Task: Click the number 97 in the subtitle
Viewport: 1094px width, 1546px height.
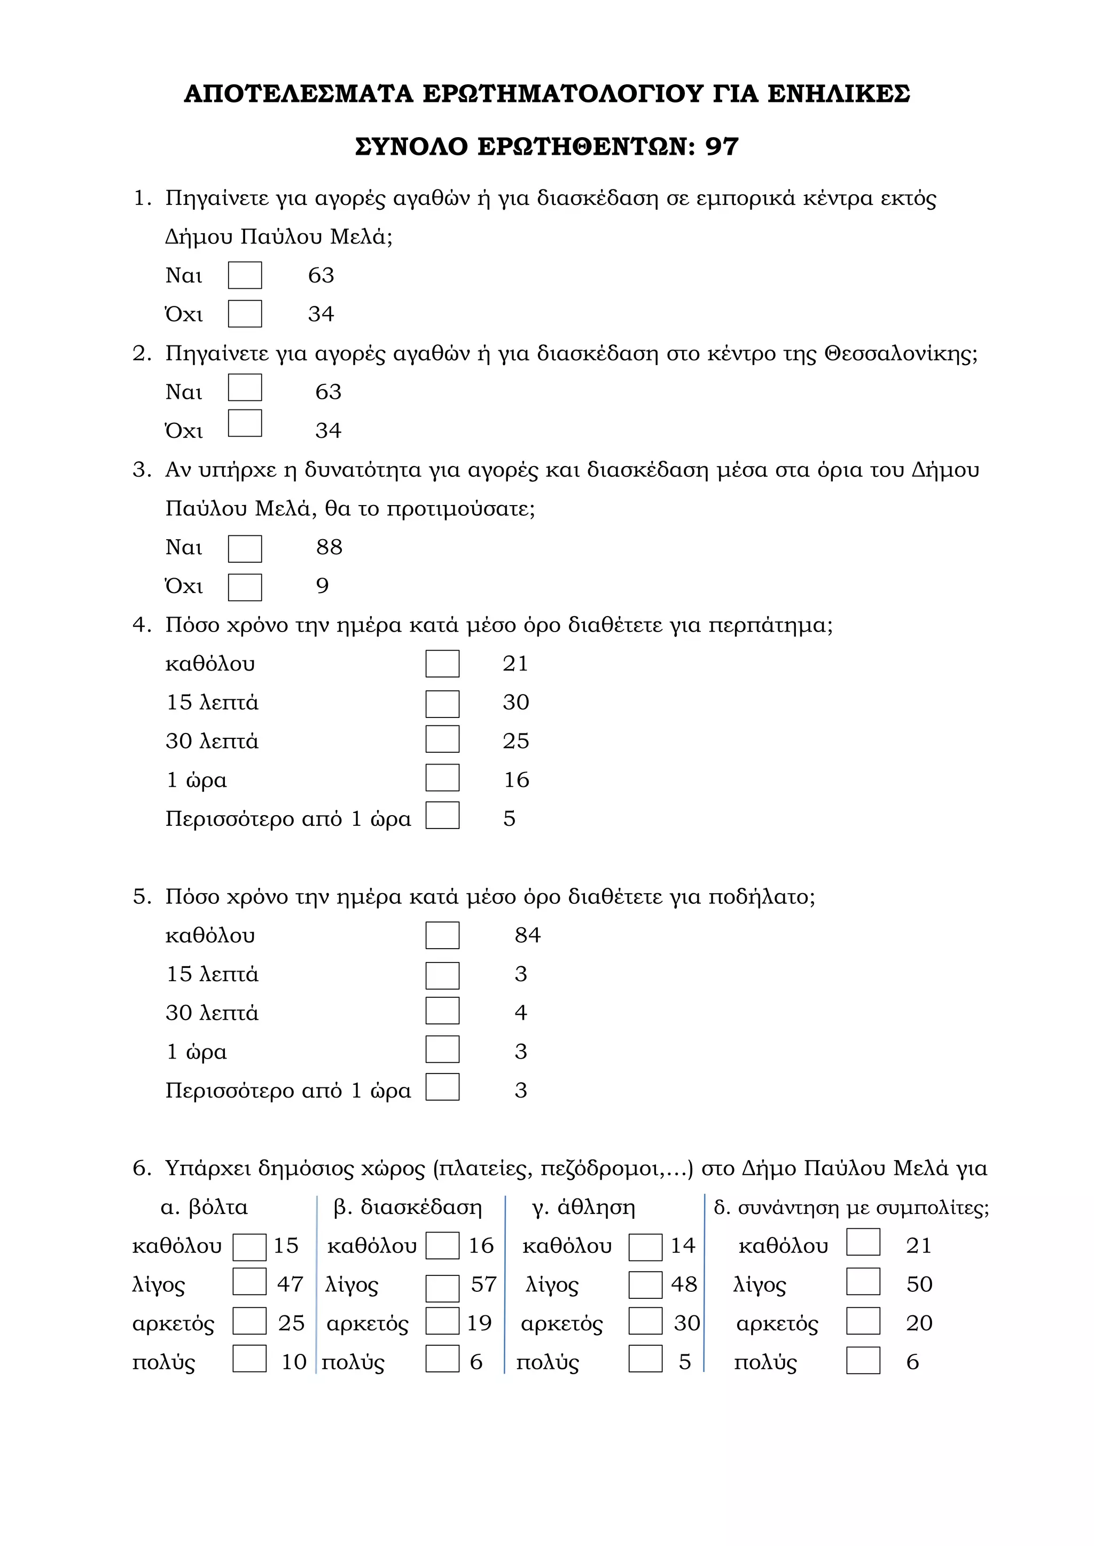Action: click(x=722, y=147)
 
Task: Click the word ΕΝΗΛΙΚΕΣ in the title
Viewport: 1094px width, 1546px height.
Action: click(x=839, y=93)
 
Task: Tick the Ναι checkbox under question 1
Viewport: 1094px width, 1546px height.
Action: click(x=245, y=275)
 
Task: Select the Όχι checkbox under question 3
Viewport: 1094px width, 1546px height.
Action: click(x=245, y=587)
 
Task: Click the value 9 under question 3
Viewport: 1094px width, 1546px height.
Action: click(x=323, y=586)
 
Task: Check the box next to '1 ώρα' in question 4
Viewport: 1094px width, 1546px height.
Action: click(x=442, y=778)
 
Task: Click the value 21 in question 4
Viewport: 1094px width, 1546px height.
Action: click(x=515, y=663)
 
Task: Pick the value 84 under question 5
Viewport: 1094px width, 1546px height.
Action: click(x=527, y=935)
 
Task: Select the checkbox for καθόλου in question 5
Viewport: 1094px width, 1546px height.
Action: click(x=442, y=935)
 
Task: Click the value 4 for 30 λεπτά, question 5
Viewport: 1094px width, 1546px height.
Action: click(x=521, y=1013)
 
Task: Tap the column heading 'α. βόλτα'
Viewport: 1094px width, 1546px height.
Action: click(x=204, y=1208)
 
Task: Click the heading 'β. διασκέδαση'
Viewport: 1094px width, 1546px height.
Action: click(x=408, y=1208)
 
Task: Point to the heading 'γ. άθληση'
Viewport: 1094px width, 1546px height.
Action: click(x=583, y=1208)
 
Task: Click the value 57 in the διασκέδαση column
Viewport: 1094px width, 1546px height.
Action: click(x=483, y=1284)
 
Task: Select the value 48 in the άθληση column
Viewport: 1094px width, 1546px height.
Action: click(x=684, y=1284)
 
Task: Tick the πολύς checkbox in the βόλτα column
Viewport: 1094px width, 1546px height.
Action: click(x=249, y=1358)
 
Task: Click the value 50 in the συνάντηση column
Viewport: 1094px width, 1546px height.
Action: click(x=919, y=1284)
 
